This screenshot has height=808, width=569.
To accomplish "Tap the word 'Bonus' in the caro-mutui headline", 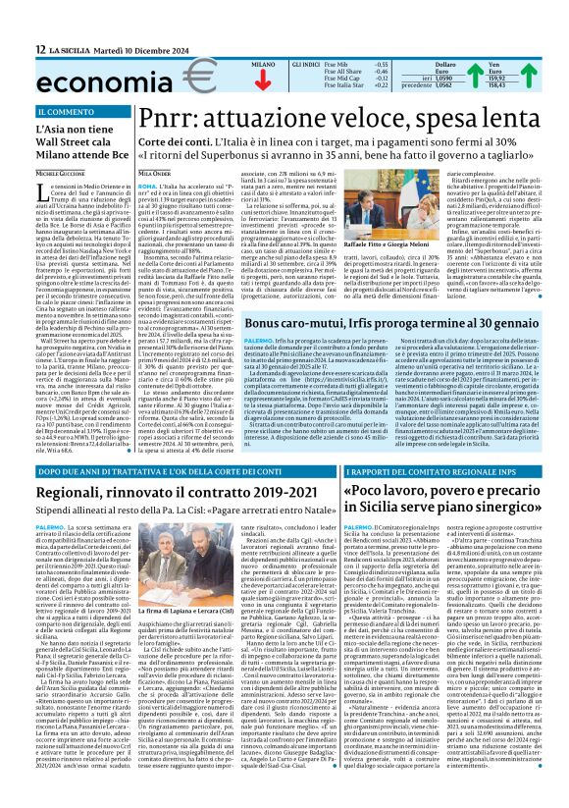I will pos(356,295).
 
